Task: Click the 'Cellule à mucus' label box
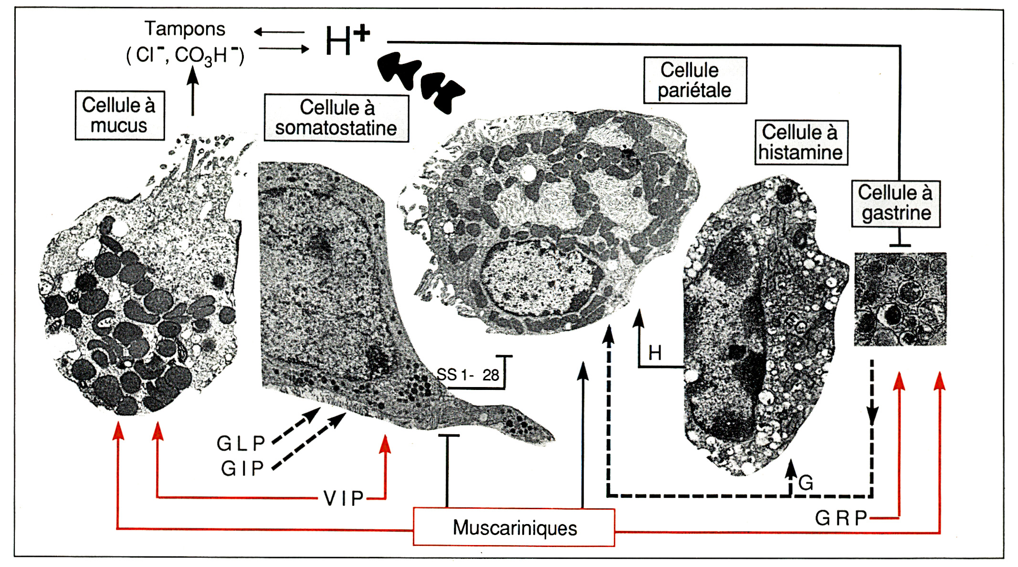(x=119, y=115)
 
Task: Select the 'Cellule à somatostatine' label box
(x=336, y=118)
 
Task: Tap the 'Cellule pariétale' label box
(x=695, y=80)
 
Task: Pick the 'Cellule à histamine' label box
(x=801, y=143)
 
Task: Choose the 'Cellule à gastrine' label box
(x=896, y=203)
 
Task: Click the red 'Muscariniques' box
(x=514, y=527)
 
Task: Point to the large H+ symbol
(x=347, y=40)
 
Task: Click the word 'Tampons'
(x=185, y=29)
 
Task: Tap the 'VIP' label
(x=344, y=498)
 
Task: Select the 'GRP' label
(x=840, y=518)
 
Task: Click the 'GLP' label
(x=241, y=443)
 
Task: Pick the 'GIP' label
(x=242, y=468)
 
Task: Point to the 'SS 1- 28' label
(x=468, y=375)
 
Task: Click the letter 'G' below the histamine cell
(x=806, y=483)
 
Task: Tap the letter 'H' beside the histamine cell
(x=655, y=353)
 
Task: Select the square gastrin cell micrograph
(x=900, y=299)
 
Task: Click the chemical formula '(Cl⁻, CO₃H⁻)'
(x=185, y=55)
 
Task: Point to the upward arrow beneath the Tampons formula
(x=192, y=91)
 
